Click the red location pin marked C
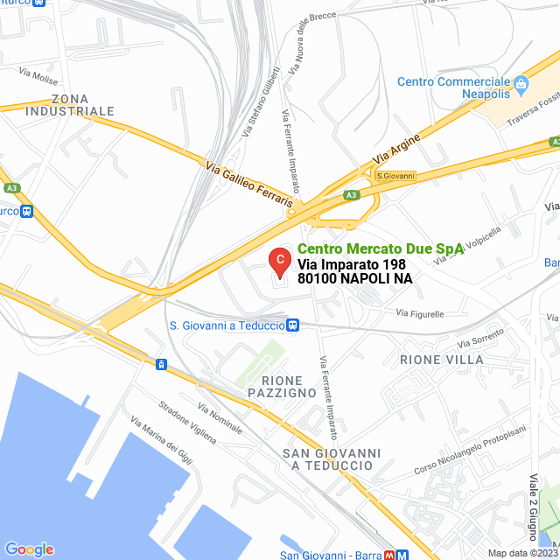point(279,262)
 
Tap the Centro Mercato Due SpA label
point(381,248)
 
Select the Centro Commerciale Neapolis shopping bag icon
point(521,84)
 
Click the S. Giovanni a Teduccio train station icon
point(293,325)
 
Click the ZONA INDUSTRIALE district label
point(70,105)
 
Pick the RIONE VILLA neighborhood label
point(441,360)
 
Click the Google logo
point(29,549)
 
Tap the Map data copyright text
point(522,553)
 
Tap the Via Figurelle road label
point(420,313)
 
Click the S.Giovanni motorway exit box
point(395,176)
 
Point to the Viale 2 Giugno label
point(533,507)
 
